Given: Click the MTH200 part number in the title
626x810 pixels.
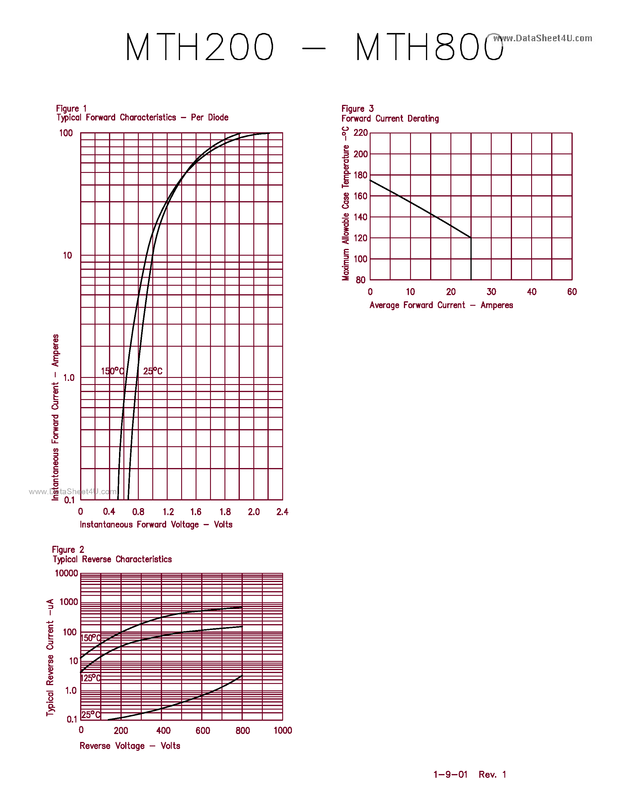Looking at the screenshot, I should click(199, 47).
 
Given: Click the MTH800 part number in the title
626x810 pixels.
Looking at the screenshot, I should click(429, 47).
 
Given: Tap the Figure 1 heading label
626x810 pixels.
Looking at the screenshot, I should click(71, 109).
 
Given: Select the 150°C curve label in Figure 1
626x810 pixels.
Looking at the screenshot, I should click(112, 371).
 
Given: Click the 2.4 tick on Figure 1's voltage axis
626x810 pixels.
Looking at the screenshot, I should click(282, 512).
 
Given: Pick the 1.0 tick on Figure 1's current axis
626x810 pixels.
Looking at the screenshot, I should click(69, 378).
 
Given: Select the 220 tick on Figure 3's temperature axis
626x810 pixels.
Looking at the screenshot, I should click(361, 133).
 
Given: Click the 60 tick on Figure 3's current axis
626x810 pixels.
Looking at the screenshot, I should click(572, 292).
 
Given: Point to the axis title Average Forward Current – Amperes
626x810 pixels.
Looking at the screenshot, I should click(441, 305).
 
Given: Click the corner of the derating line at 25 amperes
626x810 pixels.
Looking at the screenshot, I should click(471, 238).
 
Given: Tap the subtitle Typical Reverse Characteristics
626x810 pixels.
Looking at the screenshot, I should click(112, 559).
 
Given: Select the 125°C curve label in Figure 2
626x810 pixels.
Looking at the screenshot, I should click(90, 678).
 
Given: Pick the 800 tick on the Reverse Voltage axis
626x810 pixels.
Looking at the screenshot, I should click(242, 731).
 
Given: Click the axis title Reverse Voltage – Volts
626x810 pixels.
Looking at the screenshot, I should click(130, 746).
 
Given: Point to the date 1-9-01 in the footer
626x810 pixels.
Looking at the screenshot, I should click(450, 774).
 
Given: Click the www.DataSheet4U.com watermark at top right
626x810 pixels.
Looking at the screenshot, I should click(543, 38).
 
